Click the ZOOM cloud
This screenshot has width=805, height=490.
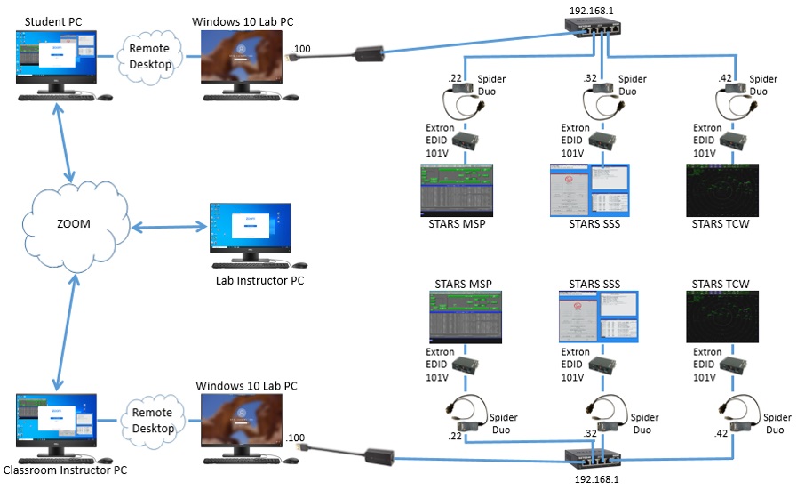coord(73,223)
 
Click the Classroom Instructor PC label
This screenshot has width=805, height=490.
coord(60,470)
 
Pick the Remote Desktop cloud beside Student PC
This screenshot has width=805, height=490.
coord(150,55)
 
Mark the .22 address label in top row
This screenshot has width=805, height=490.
coord(456,79)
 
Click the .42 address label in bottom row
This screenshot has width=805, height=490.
coord(721,434)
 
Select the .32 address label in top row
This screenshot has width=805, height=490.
coord(589,79)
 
